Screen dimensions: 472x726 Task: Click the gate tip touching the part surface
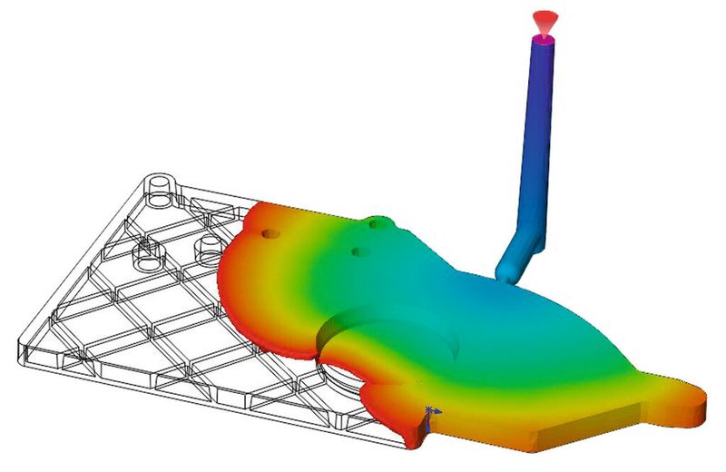click(x=505, y=270)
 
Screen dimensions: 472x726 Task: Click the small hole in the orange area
click(x=270, y=233)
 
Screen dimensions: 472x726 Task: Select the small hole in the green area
click(x=360, y=251)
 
